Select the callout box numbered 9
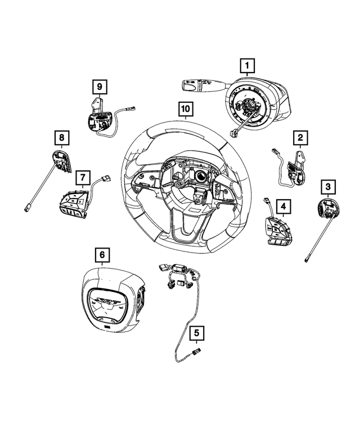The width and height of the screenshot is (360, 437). [x=99, y=86]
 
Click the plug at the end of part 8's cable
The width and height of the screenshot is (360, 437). [x=28, y=207]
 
